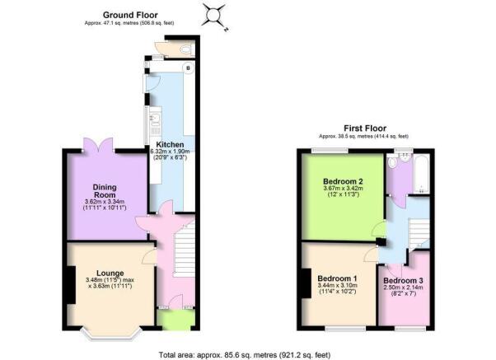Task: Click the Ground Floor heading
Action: click(x=130, y=15)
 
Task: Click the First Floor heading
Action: click(x=365, y=129)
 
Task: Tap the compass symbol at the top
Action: click(x=213, y=15)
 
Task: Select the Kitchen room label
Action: click(x=170, y=144)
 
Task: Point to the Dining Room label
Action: click(x=105, y=191)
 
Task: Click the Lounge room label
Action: click(x=110, y=273)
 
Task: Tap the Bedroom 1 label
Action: click(x=337, y=278)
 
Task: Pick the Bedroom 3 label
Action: click(x=403, y=281)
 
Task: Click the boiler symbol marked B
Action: click(x=189, y=68)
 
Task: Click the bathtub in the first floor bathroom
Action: click(x=422, y=174)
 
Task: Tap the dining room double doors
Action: click(x=98, y=145)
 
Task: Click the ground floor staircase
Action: click(x=185, y=250)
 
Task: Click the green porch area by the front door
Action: click(x=175, y=320)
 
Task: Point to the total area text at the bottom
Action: click(x=245, y=355)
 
